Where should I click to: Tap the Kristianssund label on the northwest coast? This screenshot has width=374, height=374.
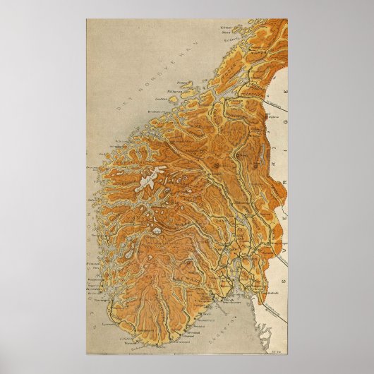(x=156, y=111)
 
